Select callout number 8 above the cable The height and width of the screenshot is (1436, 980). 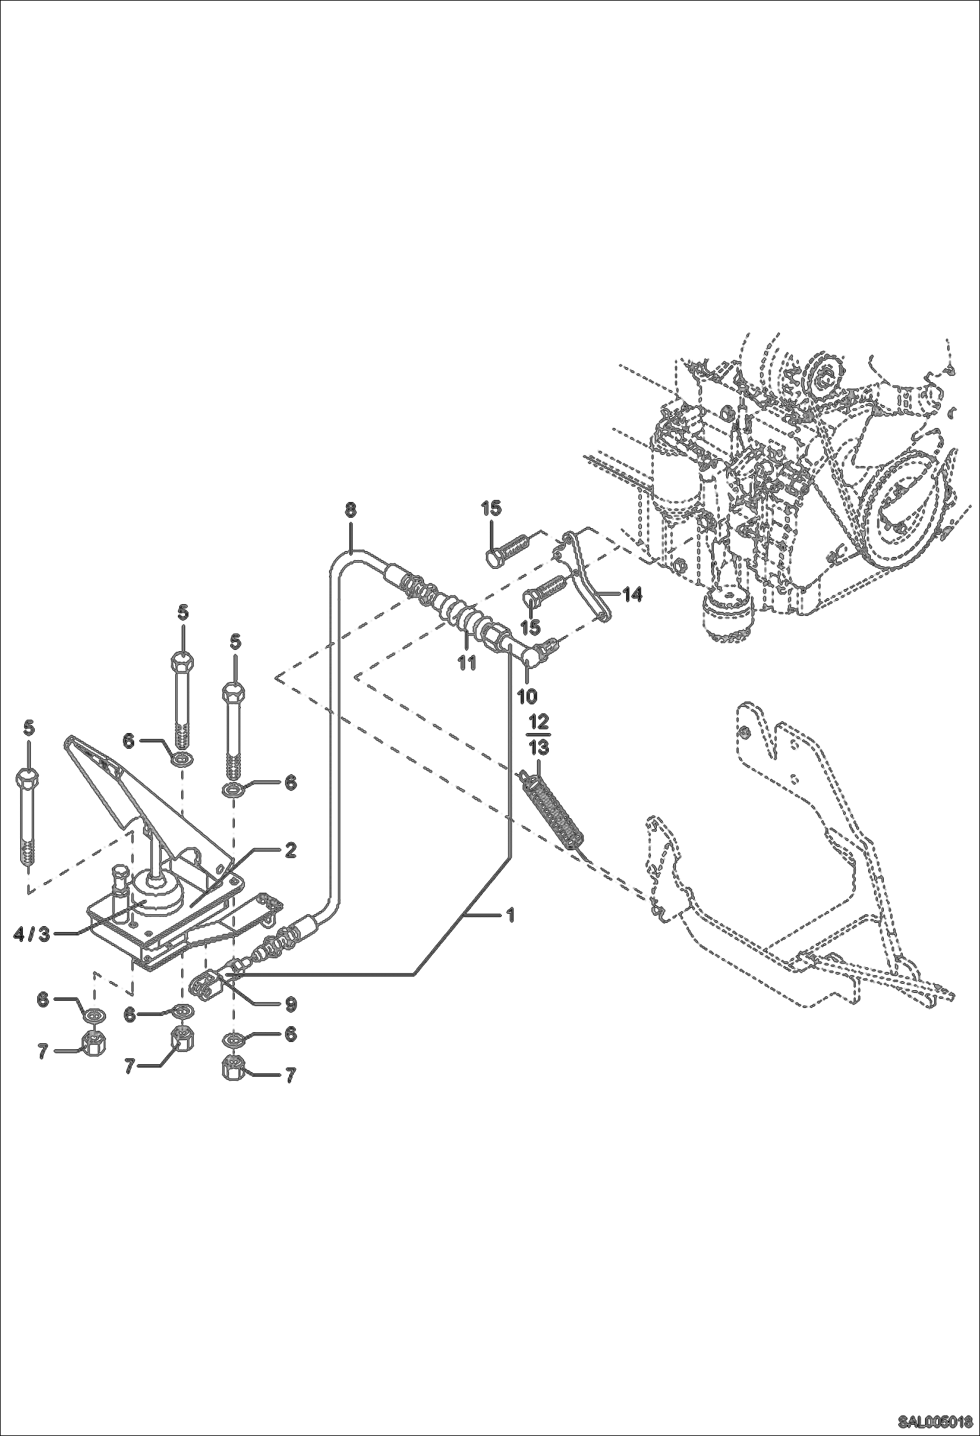351,510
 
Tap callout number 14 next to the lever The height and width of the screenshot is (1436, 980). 632,594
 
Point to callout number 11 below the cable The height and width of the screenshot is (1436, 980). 466,662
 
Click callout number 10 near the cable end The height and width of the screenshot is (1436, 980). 527,695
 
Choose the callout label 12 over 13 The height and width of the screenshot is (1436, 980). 539,734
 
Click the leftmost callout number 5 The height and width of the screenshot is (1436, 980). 28,728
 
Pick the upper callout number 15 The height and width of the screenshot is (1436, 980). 491,507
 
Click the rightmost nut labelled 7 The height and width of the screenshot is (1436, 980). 234,1069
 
